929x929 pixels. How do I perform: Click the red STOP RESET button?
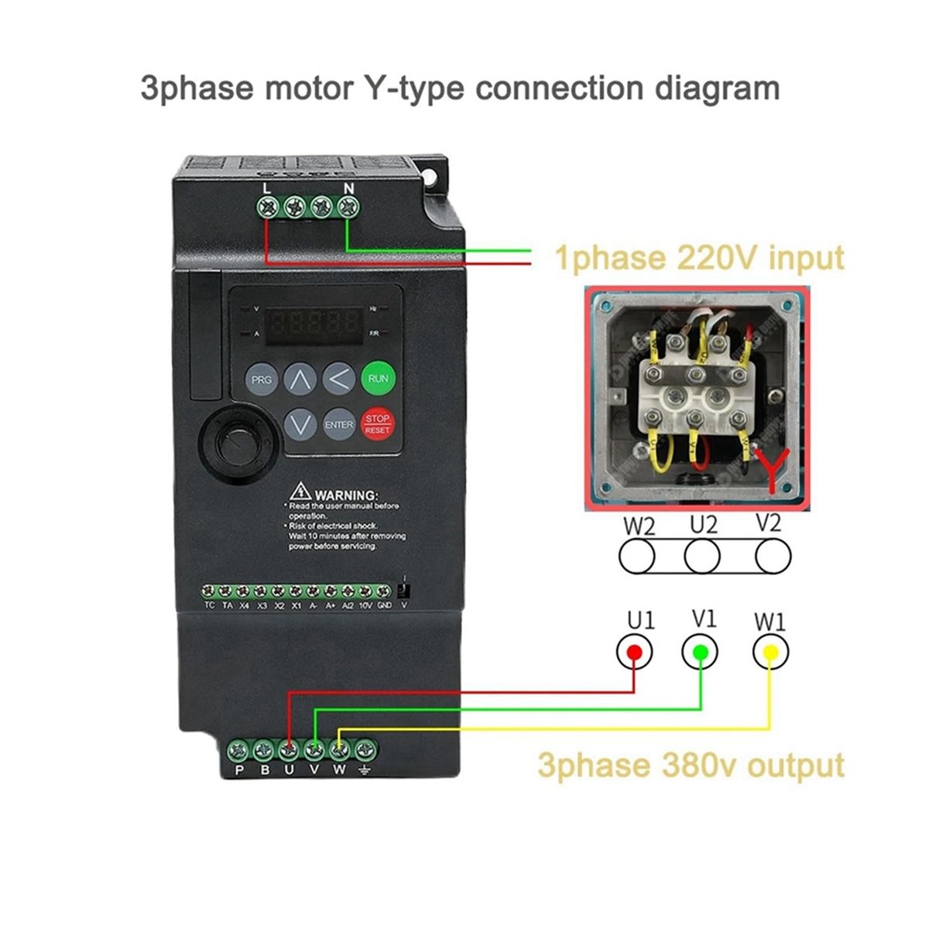coord(378,423)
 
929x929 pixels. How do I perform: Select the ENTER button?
coord(338,424)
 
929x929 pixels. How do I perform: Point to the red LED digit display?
coord(313,324)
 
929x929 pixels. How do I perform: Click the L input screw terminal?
coord(268,207)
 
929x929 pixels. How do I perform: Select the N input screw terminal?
coord(348,207)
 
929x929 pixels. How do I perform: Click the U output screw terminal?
coord(289,749)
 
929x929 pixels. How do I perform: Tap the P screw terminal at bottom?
coord(239,749)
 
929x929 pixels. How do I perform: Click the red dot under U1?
coord(634,652)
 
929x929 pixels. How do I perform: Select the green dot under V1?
coord(700,652)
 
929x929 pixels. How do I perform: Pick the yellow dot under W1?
coord(771,653)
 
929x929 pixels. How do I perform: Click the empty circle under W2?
coord(636,556)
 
